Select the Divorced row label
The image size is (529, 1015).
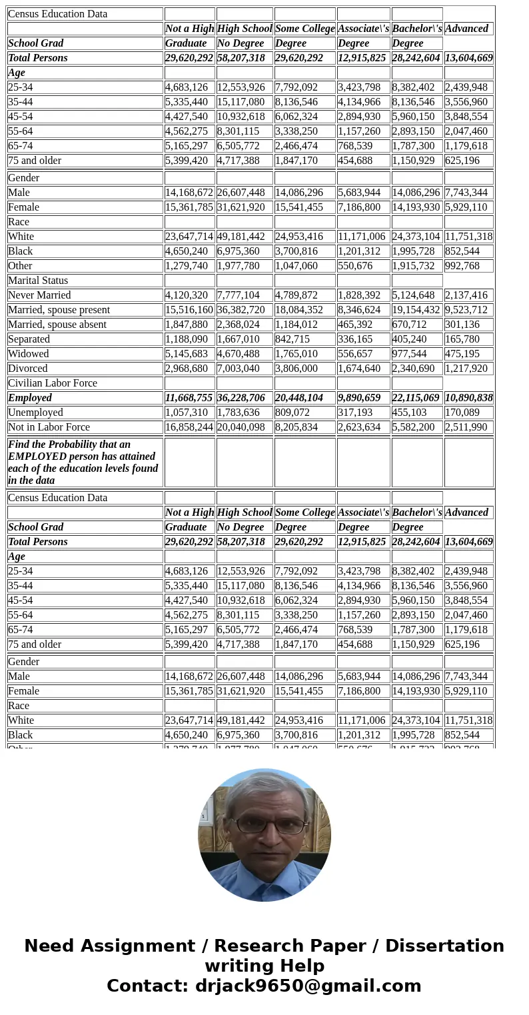(28, 369)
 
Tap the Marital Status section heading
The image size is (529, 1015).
(38, 281)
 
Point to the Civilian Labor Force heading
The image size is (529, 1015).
(53, 383)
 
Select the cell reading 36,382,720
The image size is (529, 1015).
(244, 310)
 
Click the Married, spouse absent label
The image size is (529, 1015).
(57, 325)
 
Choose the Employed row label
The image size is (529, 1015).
(30, 398)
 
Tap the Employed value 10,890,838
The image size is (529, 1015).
(468, 398)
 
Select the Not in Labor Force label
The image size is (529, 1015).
(49, 427)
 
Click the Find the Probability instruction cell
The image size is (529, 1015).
(83, 462)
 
